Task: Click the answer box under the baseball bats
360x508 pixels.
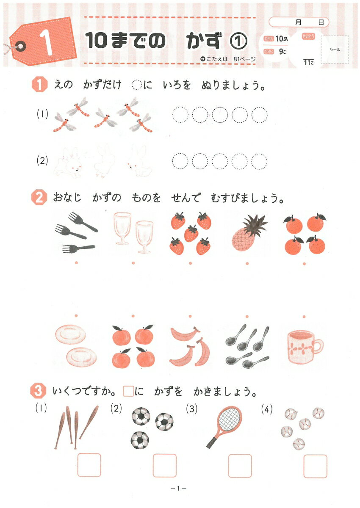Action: click(89, 465)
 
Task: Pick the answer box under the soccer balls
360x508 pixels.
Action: click(164, 465)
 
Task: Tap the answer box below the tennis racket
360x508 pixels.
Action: click(240, 466)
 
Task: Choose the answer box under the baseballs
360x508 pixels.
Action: click(315, 466)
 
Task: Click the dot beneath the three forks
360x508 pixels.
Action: click(76, 263)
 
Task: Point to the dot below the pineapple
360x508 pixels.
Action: click(247, 263)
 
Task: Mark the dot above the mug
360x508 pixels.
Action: click(304, 317)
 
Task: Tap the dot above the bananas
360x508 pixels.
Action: click(190, 316)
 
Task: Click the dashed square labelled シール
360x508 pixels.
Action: click(335, 50)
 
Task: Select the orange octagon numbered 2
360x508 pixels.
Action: click(39, 198)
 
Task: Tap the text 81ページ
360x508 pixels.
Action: click(244, 59)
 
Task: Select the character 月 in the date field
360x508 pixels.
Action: click(298, 22)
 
